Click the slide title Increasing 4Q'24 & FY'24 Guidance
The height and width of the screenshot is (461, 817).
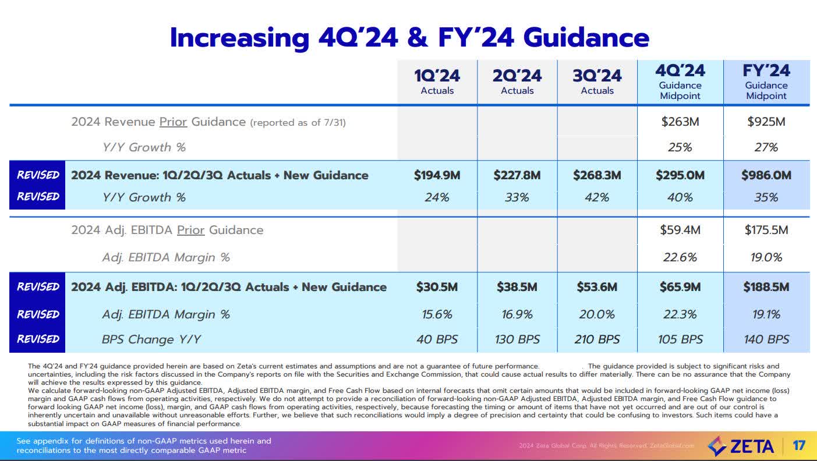tap(409, 37)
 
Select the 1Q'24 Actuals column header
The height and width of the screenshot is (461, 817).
tap(437, 82)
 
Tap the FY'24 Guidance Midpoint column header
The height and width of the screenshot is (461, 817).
tap(766, 82)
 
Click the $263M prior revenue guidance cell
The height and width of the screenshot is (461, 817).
tap(680, 122)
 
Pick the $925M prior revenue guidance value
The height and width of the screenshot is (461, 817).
tap(766, 122)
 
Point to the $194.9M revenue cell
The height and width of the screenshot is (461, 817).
tap(437, 175)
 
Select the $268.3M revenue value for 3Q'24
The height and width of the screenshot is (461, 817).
tap(597, 175)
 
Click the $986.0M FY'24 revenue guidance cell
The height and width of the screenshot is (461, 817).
tap(766, 175)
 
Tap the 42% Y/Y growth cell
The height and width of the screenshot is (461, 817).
tap(597, 197)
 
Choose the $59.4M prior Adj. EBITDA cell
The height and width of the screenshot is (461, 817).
tap(680, 230)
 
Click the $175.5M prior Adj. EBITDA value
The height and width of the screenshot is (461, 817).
tap(766, 230)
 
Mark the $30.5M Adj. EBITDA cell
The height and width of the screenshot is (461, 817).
tap(437, 287)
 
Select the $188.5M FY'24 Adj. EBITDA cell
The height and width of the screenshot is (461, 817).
tap(766, 287)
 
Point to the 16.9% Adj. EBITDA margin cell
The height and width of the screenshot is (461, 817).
tap(517, 314)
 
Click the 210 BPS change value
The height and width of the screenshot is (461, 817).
tap(597, 339)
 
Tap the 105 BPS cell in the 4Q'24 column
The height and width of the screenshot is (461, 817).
tap(680, 339)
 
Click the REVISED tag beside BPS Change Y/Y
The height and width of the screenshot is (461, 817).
tap(38, 339)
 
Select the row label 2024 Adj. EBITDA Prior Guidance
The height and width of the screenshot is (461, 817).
tap(167, 230)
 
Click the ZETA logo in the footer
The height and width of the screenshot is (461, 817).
tap(741, 446)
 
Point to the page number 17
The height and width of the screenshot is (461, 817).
tap(799, 446)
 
